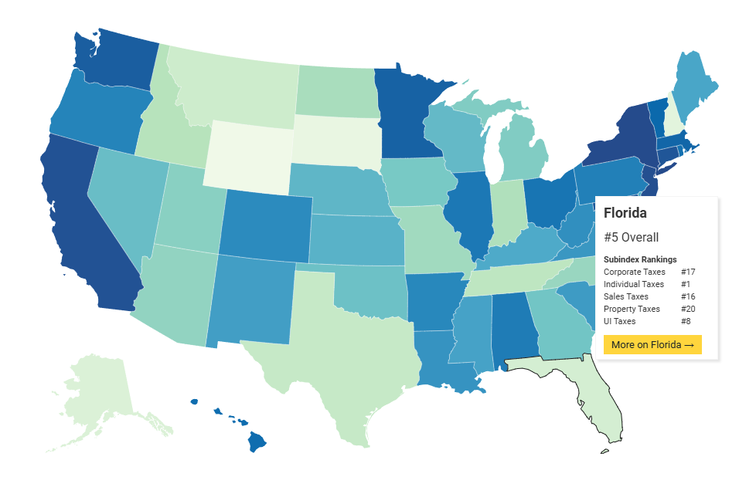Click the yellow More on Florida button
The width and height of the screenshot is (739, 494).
pos(652,344)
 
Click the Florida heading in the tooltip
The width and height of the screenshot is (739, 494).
pos(625,212)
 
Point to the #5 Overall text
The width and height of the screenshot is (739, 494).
pos(631,238)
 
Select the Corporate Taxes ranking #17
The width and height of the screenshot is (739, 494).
pos(689,272)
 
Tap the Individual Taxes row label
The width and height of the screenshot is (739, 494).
pos(633,284)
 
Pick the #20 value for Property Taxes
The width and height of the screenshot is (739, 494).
pos(689,309)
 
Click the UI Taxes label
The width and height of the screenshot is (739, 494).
pos(619,321)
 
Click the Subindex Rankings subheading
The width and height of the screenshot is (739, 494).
pos(640,259)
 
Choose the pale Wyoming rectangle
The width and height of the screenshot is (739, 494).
pos(247,154)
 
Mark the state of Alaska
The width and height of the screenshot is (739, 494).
pos(97,394)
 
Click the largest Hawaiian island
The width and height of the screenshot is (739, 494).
pos(257,442)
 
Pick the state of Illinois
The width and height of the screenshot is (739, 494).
pos(474,212)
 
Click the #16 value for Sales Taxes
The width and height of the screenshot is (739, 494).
pos(689,296)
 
